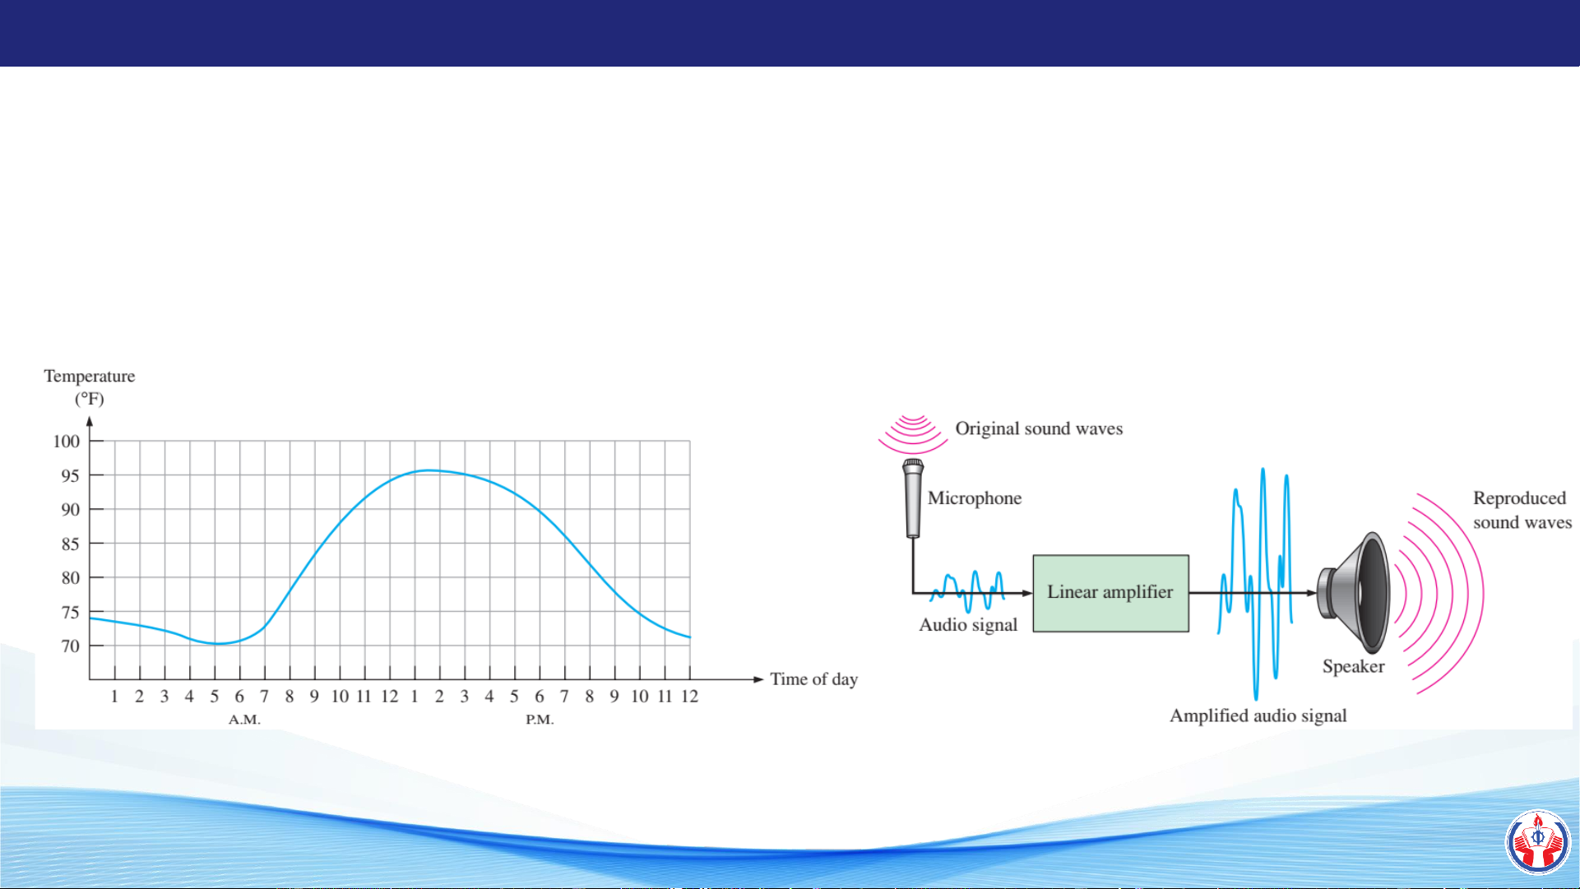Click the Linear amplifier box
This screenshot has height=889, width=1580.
1110,593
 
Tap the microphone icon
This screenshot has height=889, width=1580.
913,498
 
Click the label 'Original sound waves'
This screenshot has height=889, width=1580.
1039,428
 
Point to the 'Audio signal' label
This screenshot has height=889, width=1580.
968,625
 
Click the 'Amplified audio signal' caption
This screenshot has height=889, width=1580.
1258,715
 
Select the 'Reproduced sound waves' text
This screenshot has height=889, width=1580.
1522,510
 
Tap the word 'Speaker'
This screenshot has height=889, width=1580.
1353,666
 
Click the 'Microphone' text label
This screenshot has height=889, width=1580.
975,498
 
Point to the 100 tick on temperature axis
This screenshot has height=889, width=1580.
67,442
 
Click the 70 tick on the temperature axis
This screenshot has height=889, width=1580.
71,646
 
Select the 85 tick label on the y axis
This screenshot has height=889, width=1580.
71,544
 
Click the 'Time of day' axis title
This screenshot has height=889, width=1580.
813,679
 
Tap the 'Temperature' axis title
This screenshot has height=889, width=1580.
90,377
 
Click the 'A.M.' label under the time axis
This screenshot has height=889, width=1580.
244,720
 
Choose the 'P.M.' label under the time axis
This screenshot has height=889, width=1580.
540,720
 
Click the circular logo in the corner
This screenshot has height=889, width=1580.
1538,842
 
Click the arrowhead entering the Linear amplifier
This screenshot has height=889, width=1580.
1026,593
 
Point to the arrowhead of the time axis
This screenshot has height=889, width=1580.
758,679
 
